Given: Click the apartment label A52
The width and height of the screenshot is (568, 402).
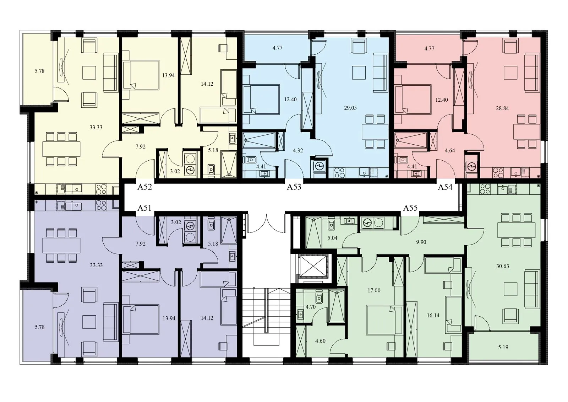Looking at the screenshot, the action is (144, 187).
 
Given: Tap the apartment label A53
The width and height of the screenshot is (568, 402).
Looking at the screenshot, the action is (294, 187).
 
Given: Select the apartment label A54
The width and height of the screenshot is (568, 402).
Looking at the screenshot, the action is (445, 187).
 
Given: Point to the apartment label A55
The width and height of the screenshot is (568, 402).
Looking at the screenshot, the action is (410, 208).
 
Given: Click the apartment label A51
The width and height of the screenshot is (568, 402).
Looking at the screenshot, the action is (144, 208).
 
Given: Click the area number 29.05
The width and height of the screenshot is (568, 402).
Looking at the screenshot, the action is (350, 108).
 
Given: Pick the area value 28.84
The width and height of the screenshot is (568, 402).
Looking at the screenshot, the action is (502, 108).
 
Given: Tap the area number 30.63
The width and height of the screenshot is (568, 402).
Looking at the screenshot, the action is (503, 266).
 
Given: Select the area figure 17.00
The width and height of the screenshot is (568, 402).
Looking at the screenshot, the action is (374, 290).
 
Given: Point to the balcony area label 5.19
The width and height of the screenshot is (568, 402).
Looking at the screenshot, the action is (503, 347).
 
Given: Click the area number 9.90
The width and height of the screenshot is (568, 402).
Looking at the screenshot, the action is (421, 242).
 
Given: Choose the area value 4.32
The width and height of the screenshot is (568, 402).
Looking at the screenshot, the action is (298, 151).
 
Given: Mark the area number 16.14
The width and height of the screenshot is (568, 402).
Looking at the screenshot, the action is (433, 315).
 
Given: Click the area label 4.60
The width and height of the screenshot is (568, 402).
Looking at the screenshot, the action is (320, 341).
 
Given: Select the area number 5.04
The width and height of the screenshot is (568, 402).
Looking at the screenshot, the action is (332, 238).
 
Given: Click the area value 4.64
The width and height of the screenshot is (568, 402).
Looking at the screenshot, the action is (450, 151).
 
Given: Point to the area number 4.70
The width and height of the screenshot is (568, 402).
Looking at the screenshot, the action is (311, 307).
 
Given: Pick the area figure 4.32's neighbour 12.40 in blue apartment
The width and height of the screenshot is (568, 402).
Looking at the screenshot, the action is (290, 100).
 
